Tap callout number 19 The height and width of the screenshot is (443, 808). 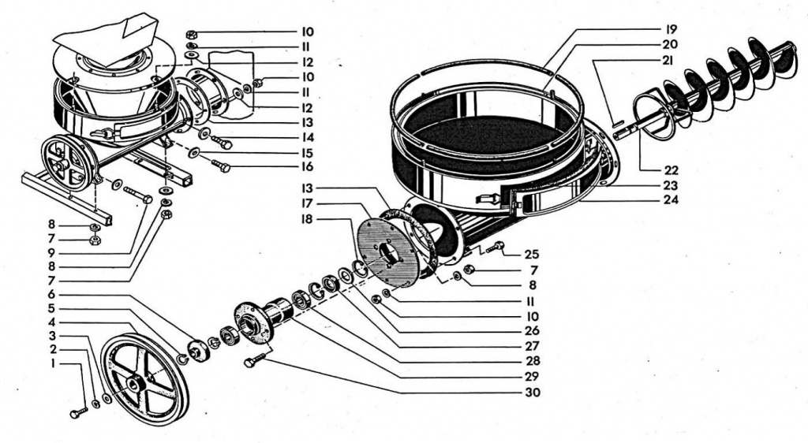[x=671, y=29]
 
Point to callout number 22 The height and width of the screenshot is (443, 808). [x=671, y=170]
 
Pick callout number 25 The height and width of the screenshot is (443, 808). [x=531, y=254]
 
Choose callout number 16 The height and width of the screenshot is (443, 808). [x=307, y=166]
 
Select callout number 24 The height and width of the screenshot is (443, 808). [x=671, y=199]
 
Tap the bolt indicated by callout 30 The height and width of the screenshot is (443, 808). [x=255, y=359]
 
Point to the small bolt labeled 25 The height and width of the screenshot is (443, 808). [x=495, y=248]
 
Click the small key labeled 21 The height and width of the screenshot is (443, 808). [x=618, y=124]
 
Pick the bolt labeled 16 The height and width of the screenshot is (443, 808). [x=221, y=166]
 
